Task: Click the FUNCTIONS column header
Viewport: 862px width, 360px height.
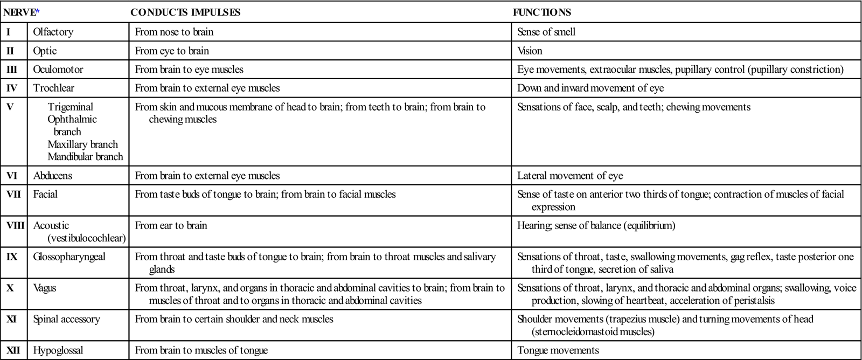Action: tap(541, 12)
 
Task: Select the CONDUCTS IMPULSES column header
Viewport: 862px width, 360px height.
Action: tap(185, 12)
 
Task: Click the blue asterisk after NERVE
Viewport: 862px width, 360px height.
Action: tap(38, 11)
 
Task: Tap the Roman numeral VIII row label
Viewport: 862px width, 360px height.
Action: tap(15, 225)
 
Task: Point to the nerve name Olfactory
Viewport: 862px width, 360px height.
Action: tap(53, 32)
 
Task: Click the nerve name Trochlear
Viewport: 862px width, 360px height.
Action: tap(53, 88)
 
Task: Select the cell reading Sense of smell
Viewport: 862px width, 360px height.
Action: tap(546, 32)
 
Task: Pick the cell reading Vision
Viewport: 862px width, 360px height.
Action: tap(530, 51)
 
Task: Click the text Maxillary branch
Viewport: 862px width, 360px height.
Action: tap(82, 144)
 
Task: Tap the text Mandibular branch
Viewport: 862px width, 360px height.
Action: tap(85, 157)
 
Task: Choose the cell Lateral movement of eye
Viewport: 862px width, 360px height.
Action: tap(570, 176)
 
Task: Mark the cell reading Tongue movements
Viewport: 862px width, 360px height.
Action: tap(558, 351)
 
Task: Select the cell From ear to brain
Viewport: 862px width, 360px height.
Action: tap(171, 225)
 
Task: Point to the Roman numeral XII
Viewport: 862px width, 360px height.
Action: tap(13, 351)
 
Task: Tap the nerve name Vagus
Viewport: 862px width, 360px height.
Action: tap(45, 288)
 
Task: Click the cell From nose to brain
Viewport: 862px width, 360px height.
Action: tap(174, 32)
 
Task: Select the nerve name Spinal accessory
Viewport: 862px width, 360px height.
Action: tap(66, 319)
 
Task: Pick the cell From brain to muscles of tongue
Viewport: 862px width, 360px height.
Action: tap(201, 351)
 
